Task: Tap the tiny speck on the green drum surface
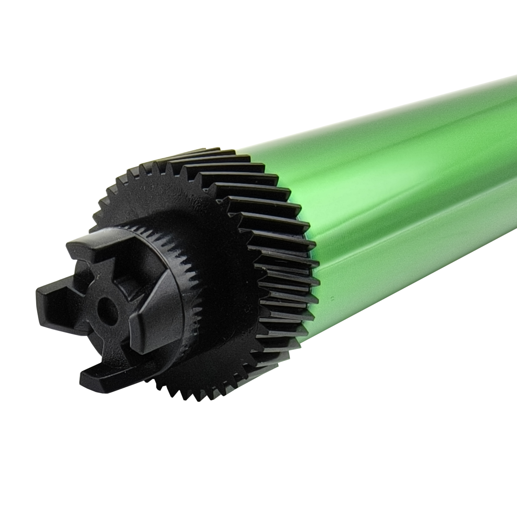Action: click(332, 296)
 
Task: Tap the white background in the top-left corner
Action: click(34, 34)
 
